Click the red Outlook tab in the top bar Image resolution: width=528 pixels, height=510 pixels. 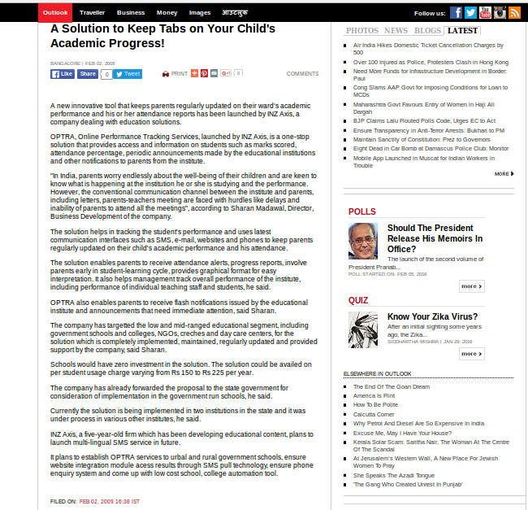click(55, 13)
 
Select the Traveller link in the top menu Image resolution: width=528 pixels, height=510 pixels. click(93, 13)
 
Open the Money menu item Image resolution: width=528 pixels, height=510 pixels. click(167, 13)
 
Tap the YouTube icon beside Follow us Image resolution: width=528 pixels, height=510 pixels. click(484, 13)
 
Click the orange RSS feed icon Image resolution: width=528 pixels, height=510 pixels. click(514, 13)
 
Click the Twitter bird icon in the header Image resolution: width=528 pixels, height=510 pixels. click(470, 13)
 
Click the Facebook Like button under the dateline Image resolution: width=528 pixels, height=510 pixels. click(63, 74)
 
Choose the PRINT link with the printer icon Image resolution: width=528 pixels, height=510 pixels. click(175, 74)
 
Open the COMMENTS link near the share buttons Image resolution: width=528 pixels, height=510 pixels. click(302, 74)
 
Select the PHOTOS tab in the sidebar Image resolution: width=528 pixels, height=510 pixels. click(361, 31)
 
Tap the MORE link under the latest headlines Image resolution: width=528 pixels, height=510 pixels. click(504, 174)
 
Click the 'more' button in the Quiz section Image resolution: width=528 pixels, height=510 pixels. click(471, 354)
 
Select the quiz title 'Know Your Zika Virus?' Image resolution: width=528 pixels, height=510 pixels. click(432, 316)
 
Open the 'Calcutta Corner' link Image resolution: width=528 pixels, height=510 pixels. click(374, 414)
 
